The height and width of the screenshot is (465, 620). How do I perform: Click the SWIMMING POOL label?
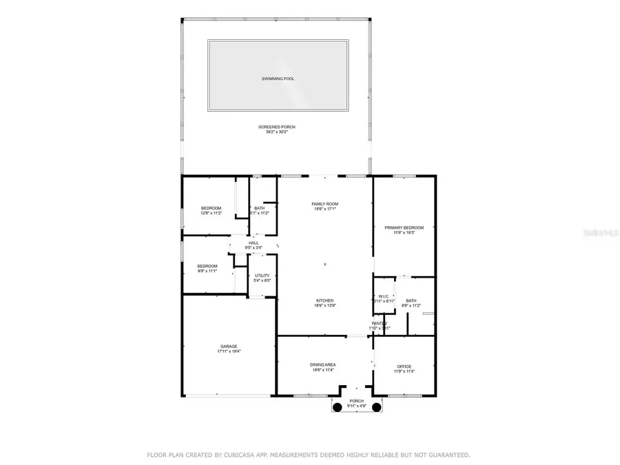[278, 79]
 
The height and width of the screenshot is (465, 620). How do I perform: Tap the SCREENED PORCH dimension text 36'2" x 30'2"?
[278, 132]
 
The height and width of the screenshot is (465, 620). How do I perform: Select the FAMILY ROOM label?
[324, 204]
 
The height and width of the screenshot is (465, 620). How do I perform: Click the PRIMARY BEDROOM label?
[404, 227]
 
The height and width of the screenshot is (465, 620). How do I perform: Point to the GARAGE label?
[229, 347]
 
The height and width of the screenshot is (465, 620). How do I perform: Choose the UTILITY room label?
[262, 276]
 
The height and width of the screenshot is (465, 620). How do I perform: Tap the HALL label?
[254, 242]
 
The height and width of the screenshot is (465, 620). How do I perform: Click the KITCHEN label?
[324, 301]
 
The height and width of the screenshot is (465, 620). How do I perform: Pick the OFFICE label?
[404, 366]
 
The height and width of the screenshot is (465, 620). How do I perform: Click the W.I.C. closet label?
[384, 296]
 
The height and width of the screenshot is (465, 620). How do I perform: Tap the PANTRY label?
[380, 323]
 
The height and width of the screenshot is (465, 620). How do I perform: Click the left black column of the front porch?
[338, 408]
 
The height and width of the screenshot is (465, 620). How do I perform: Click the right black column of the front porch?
[377, 408]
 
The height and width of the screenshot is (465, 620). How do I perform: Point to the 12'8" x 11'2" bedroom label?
[211, 209]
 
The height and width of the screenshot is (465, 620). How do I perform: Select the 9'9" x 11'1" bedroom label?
[207, 267]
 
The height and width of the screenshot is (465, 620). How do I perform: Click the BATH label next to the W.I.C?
[411, 300]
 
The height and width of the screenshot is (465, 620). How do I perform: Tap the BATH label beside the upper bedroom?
[259, 209]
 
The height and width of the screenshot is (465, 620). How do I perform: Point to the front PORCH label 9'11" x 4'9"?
[356, 402]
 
